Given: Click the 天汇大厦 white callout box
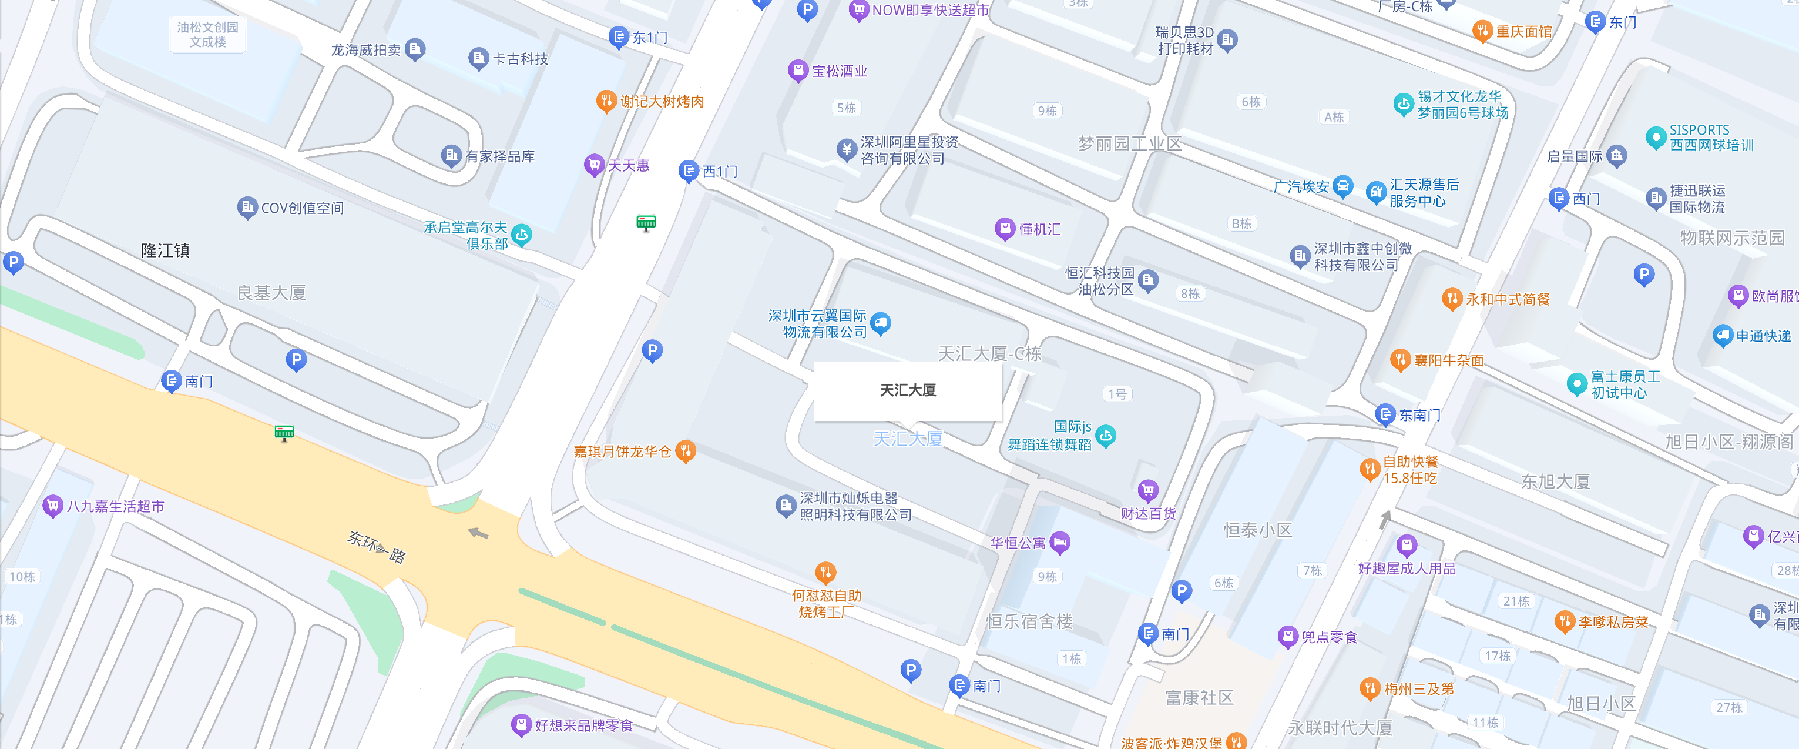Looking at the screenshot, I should click(907, 390).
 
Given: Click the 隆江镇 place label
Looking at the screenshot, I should click(165, 250).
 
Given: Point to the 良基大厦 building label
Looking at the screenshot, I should click(271, 293).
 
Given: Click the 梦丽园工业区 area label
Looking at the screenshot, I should click(1129, 144).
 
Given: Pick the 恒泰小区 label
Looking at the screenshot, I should click(1258, 530).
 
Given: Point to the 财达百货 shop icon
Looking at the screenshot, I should click(1148, 490).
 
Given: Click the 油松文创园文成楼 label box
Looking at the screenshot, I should click(207, 34).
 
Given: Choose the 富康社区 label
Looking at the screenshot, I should click(1199, 697).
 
